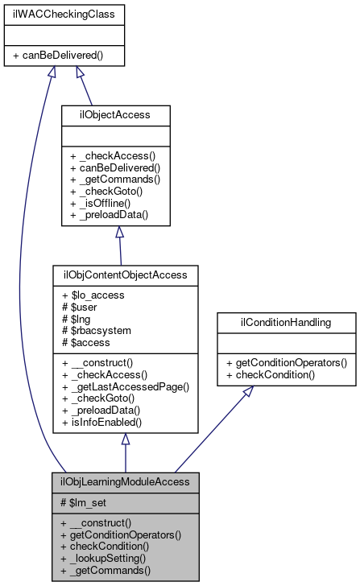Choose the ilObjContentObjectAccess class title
[125, 275]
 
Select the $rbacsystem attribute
[99, 332]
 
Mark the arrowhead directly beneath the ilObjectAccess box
[119, 233]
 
